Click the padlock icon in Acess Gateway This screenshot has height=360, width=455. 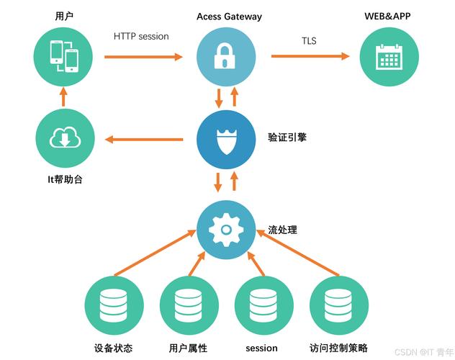click(225, 56)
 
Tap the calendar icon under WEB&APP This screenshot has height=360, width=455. click(389, 57)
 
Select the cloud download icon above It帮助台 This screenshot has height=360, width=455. click(65, 138)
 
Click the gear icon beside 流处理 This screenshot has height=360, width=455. click(226, 230)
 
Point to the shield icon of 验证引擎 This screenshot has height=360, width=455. click(226, 142)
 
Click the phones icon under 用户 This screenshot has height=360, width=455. click(64, 56)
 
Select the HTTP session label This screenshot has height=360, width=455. click(141, 36)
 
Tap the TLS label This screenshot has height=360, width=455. click(309, 40)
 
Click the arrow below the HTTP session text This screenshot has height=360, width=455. click(143, 57)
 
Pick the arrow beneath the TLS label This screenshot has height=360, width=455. click(310, 56)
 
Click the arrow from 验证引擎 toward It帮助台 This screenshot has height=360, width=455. click(144, 140)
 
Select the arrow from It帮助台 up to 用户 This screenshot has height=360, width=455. click(63, 97)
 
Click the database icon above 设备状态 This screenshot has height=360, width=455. click(113, 305)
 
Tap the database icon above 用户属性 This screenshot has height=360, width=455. click(189, 305)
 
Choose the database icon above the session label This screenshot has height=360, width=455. click(263, 305)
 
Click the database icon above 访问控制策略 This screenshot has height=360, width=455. click(338, 305)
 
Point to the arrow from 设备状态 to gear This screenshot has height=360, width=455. click(156, 253)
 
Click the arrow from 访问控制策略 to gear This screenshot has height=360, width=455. click(298, 253)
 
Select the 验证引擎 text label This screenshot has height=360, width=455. click(287, 138)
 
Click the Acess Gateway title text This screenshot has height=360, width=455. click(229, 17)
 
